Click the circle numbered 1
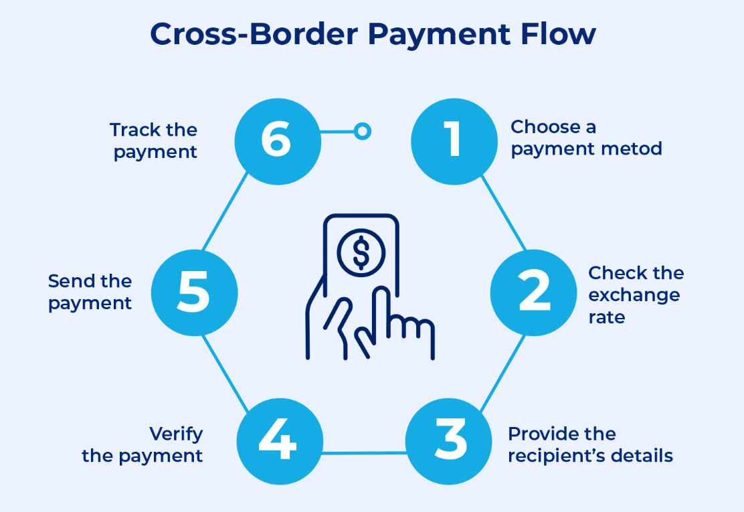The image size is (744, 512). click(x=454, y=141)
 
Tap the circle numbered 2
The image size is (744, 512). click(x=533, y=292)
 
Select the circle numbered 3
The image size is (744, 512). click(x=449, y=442)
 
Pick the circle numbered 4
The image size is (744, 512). click(x=280, y=442)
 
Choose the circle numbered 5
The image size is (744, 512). click(x=194, y=292)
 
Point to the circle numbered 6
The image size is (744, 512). click(x=277, y=141)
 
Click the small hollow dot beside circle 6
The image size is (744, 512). click(x=362, y=131)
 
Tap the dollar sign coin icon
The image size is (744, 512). click(x=361, y=252)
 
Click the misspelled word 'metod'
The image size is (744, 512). click(x=636, y=148)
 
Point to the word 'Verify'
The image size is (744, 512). click(x=176, y=434)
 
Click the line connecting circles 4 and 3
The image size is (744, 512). click(x=365, y=453)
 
